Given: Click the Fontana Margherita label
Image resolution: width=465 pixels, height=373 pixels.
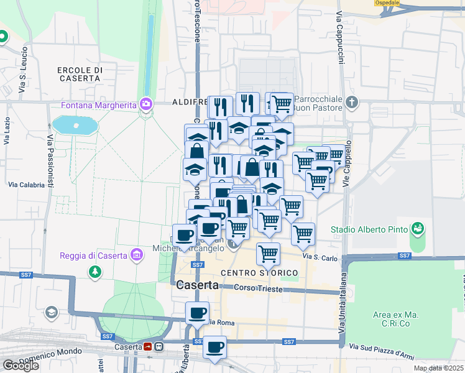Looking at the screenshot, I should click(x=98, y=104).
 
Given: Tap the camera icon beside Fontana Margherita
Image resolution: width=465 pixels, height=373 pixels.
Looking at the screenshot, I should click(x=146, y=103).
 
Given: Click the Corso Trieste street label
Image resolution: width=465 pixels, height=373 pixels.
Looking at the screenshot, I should click(x=258, y=289).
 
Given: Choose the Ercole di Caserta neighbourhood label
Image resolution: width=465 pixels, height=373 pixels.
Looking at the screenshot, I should click(x=79, y=74).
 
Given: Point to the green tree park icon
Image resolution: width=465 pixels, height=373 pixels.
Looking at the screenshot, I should click(x=94, y=272).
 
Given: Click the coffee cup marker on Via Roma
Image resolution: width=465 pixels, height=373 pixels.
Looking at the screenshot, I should click(x=198, y=312).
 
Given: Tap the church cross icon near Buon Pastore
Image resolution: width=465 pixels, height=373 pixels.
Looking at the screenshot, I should click(x=352, y=102).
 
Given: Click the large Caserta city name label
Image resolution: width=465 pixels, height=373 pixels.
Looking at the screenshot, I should click(x=197, y=285).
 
